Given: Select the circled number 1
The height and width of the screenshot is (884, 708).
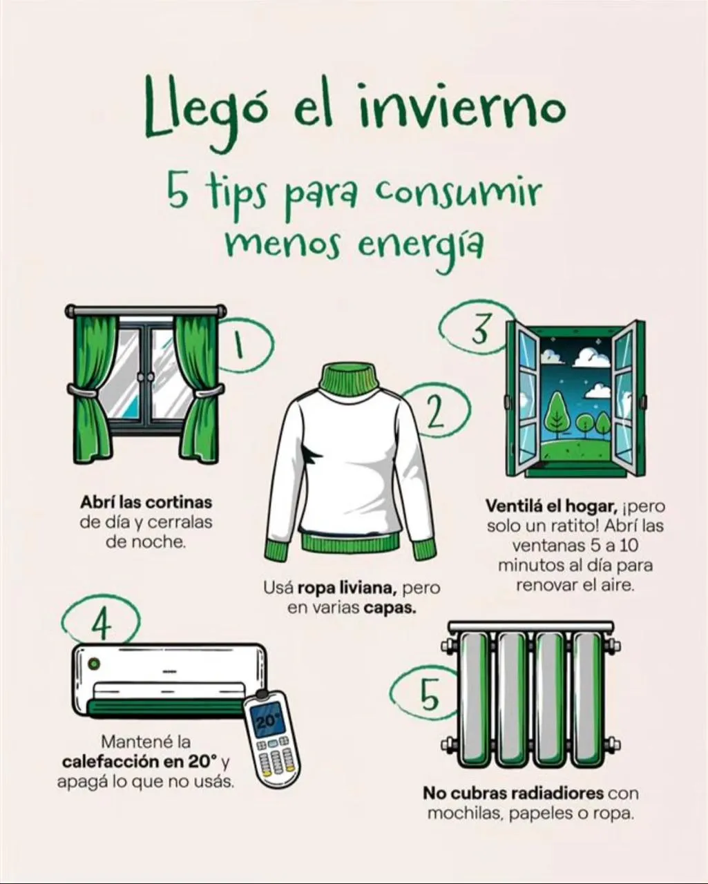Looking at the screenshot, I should point(239,344).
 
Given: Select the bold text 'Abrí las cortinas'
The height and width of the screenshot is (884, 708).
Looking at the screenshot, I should point(146,502).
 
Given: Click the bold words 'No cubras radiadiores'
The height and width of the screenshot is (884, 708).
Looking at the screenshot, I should point(513,793).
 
